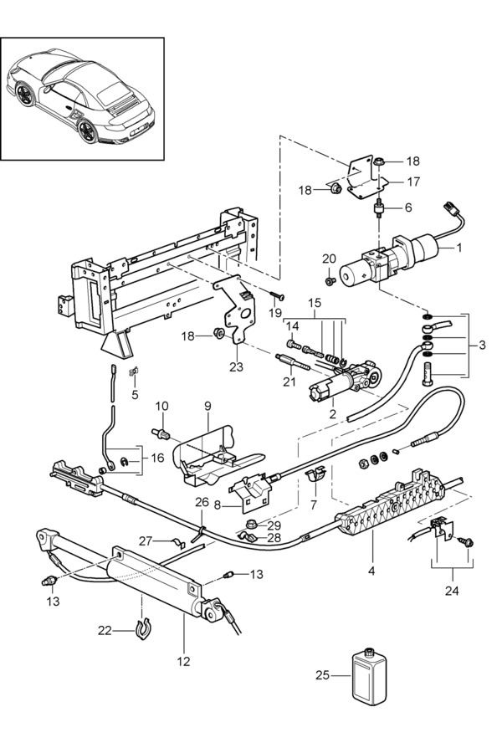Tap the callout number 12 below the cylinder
(x=183, y=661)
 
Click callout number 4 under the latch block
(x=371, y=571)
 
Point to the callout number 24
(x=452, y=590)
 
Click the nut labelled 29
(x=250, y=522)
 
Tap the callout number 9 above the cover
(x=207, y=407)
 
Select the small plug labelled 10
(x=163, y=434)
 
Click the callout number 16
(x=157, y=458)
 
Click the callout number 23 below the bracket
(x=236, y=367)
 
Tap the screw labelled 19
(x=277, y=293)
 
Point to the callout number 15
(x=315, y=303)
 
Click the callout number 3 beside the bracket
(x=482, y=345)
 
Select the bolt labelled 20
(x=329, y=281)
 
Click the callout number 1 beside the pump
(x=458, y=248)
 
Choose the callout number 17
(x=413, y=182)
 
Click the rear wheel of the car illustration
(x=88, y=131)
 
